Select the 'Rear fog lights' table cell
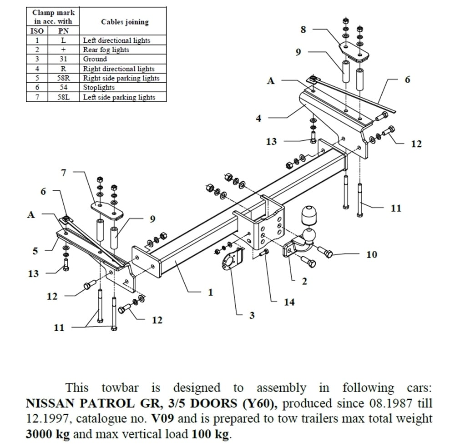point(106,50)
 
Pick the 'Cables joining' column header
point(125,22)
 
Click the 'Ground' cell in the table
point(95,59)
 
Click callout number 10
point(372,254)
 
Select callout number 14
point(289,302)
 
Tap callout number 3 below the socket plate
point(252,315)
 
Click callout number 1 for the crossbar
point(210,293)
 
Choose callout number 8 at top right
point(303,30)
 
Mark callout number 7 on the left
point(64,173)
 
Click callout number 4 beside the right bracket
point(258,119)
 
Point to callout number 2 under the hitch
point(304,282)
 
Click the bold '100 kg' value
point(210,434)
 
